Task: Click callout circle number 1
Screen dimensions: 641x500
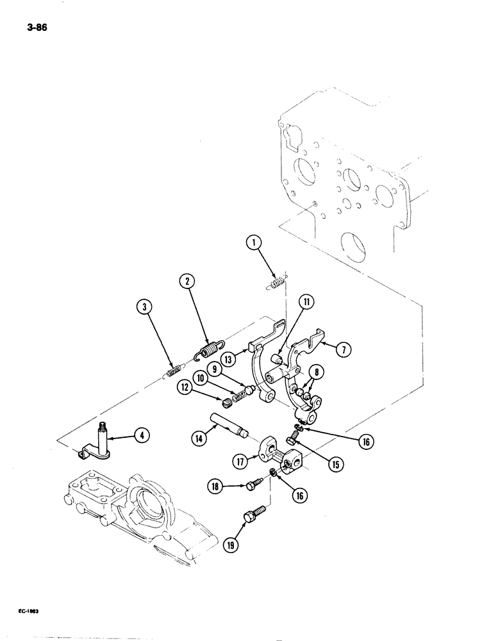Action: click(254, 242)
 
